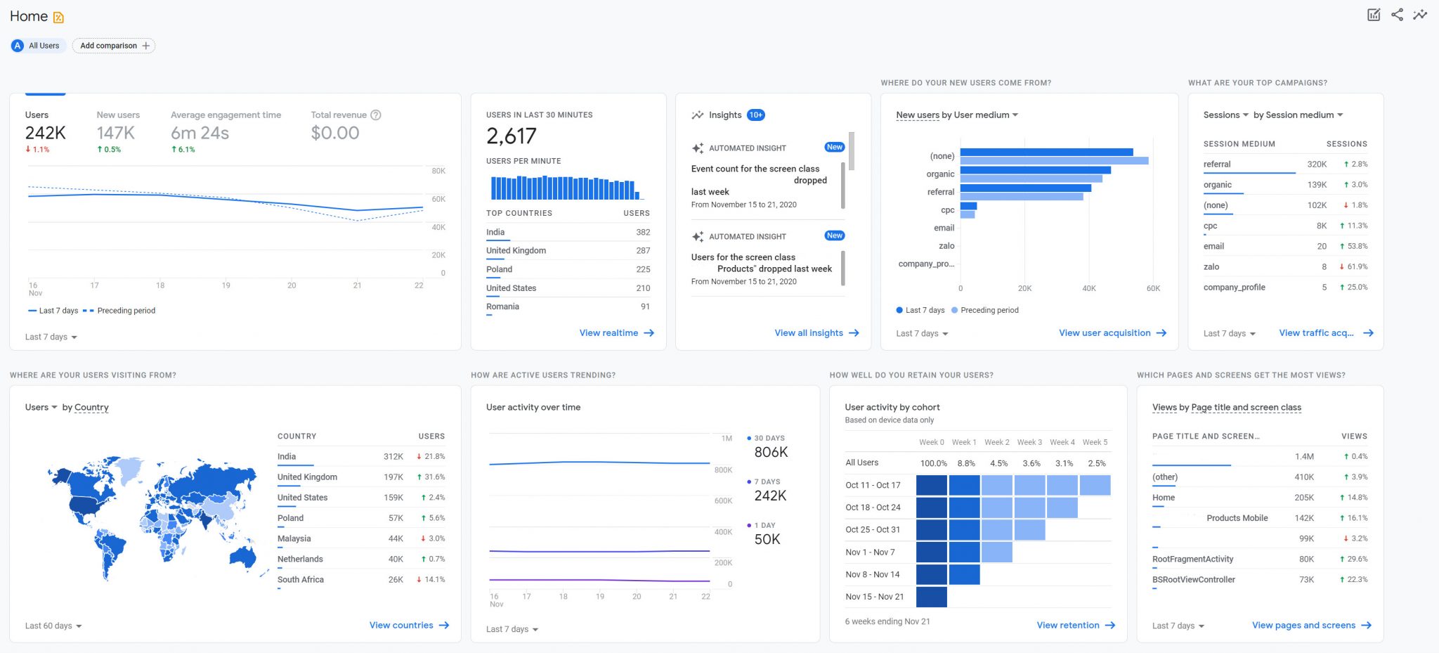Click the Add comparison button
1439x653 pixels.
point(114,46)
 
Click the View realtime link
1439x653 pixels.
point(616,333)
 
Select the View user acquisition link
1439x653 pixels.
point(1112,333)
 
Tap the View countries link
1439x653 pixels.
point(408,626)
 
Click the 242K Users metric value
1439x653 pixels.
point(45,133)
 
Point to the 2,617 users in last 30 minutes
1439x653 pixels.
point(511,136)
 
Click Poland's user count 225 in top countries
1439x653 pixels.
point(642,269)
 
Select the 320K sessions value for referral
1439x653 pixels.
point(1316,164)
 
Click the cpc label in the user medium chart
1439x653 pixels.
point(947,210)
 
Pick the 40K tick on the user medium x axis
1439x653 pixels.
point(1088,289)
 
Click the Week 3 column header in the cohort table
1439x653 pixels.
point(1029,442)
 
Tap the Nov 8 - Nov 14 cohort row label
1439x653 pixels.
point(872,574)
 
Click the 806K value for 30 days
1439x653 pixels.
point(771,453)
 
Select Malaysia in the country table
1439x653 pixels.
point(294,538)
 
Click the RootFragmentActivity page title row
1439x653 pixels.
point(1192,559)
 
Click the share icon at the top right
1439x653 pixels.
point(1397,15)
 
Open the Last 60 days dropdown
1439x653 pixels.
point(53,626)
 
